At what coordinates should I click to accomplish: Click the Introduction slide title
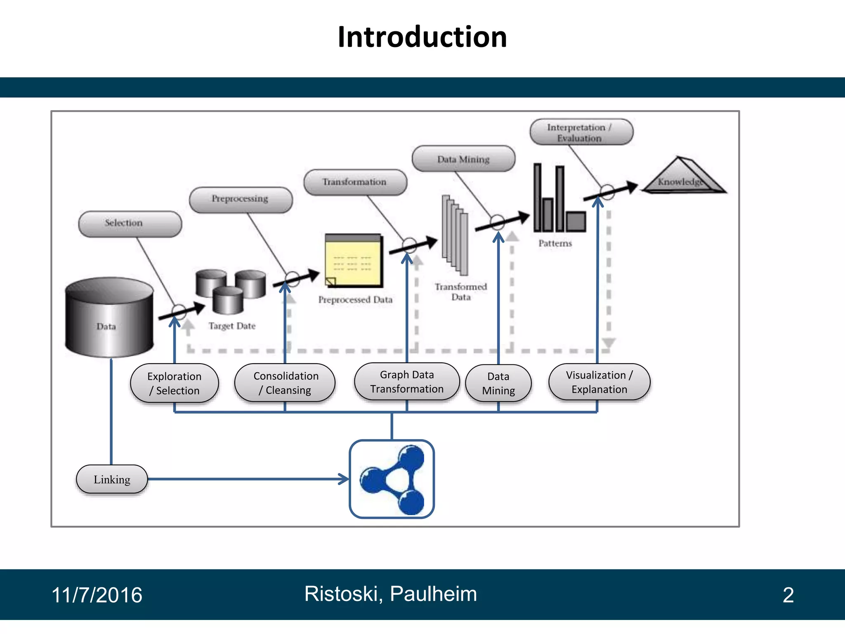click(x=422, y=37)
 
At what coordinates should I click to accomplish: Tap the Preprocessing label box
click(x=241, y=200)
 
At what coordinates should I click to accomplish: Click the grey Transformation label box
click(x=355, y=182)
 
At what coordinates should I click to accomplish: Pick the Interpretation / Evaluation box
click(x=581, y=132)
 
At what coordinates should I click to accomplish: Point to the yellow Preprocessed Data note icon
click(x=354, y=261)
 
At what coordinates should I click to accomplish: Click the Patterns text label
click(x=555, y=244)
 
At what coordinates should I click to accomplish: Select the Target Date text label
click(x=232, y=326)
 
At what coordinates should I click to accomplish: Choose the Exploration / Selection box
click(x=175, y=383)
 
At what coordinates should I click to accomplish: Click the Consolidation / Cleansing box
click(x=285, y=383)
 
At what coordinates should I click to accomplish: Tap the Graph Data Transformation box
click(x=407, y=382)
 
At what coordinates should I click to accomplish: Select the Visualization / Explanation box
click(x=599, y=382)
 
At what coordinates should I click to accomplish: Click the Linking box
click(x=112, y=479)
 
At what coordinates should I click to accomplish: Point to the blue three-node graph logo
click(x=392, y=479)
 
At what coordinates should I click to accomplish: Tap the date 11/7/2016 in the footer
click(x=97, y=595)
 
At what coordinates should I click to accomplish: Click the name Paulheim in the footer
click(x=433, y=594)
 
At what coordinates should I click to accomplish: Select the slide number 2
click(x=788, y=595)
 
